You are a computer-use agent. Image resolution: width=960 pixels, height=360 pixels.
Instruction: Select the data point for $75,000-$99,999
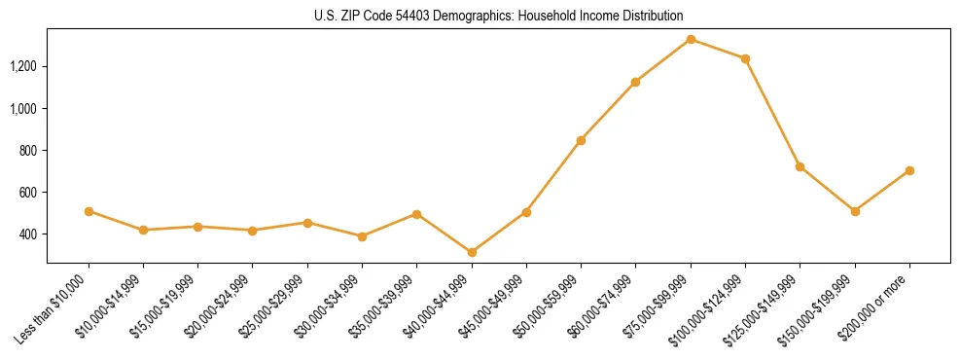pyautogui.click(x=691, y=39)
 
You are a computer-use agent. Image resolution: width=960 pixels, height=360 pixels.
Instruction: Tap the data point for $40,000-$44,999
pyautogui.click(x=472, y=252)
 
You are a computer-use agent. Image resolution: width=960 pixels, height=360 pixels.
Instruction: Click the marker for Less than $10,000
pyautogui.click(x=89, y=211)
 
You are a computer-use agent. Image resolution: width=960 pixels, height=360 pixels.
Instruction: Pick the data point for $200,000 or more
pyautogui.click(x=909, y=170)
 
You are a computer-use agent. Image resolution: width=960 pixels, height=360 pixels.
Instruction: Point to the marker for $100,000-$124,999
pyautogui.click(x=745, y=58)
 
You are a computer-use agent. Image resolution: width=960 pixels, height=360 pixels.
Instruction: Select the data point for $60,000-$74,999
pyautogui.click(x=636, y=82)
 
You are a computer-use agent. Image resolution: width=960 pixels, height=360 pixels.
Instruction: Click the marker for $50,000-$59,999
pyautogui.click(x=581, y=140)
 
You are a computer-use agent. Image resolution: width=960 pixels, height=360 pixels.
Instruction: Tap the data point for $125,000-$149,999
pyautogui.click(x=800, y=166)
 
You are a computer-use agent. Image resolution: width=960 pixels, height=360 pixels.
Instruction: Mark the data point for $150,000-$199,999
pyautogui.click(x=855, y=211)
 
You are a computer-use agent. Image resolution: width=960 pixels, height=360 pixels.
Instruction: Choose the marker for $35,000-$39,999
pyautogui.click(x=417, y=214)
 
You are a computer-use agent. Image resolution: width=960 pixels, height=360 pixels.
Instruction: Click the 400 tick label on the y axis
pyautogui.click(x=27, y=234)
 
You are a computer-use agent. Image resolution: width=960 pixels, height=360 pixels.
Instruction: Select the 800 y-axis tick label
pyautogui.click(x=27, y=151)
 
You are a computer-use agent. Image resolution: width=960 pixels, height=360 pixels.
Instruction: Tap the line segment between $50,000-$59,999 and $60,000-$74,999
pyautogui.click(x=608, y=111)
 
